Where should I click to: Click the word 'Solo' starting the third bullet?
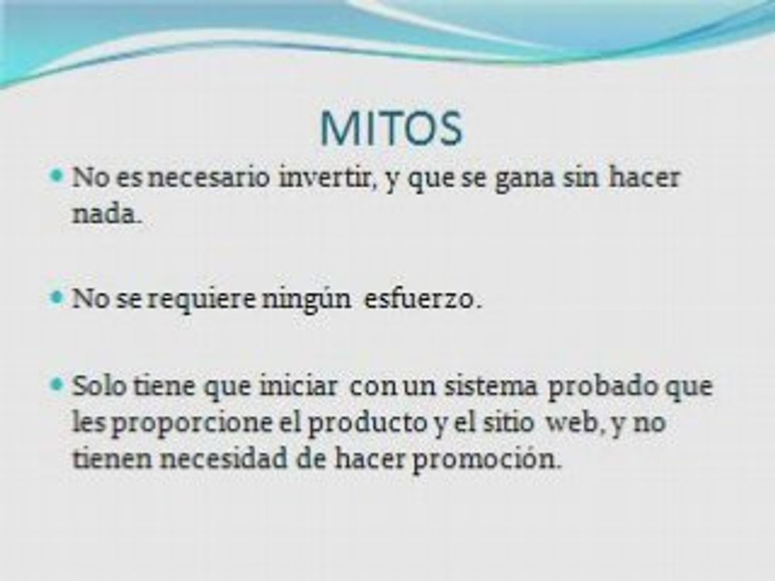(97, 385)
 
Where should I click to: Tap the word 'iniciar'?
(304, 385)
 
